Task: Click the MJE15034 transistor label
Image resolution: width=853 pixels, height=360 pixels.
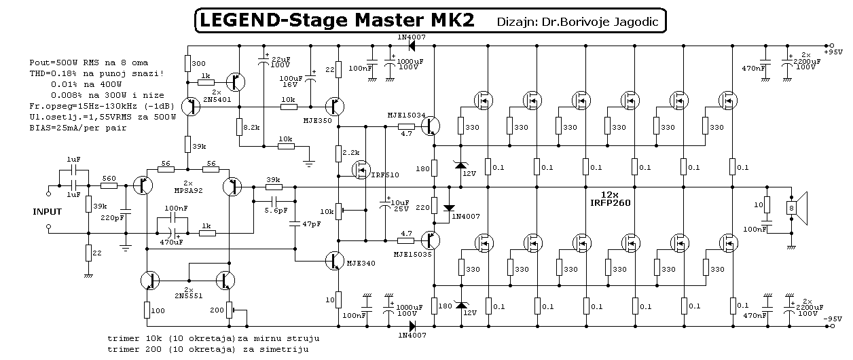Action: coord(407,116)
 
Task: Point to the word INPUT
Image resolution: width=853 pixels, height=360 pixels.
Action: coord(47,212)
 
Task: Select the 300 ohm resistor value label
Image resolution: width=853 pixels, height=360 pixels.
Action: coord(198,63)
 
